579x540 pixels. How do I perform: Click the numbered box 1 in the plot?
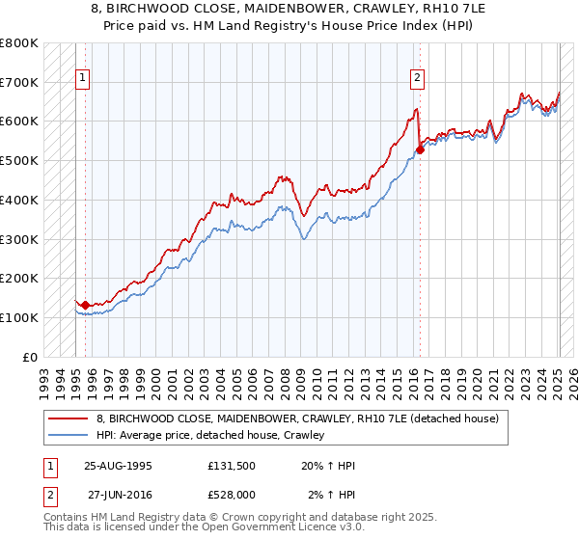(82, 79)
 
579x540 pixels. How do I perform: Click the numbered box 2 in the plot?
(417, 79)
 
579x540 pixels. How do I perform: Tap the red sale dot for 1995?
(86, 305)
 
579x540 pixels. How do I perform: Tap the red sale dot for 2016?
(421, 149)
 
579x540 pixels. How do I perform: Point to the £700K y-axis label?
(20, 82)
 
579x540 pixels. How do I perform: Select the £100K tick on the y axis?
(20, 317)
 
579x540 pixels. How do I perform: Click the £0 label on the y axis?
(31, 357)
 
